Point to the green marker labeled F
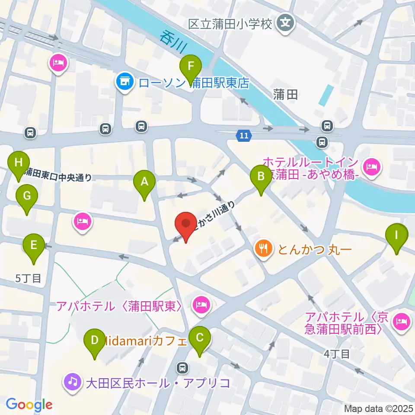tap(191, 67)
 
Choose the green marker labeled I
tap(397, 236)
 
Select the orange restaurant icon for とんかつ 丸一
tap(263, 249)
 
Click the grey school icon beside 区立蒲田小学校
tap(285, 22)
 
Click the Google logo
tap(29, 405)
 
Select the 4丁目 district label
tap(337, 354)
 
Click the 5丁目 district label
tap(29, 278)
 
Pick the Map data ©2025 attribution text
tap(379, 408)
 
